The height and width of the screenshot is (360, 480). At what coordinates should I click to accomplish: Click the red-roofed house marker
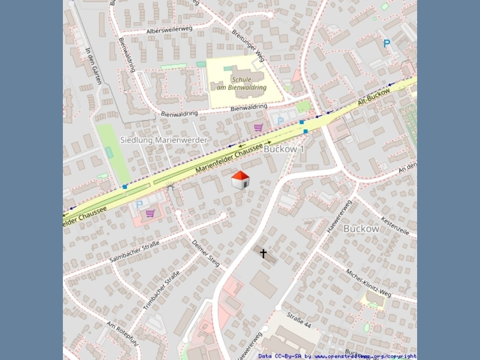240,180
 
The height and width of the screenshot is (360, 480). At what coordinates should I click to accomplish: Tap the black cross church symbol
263,253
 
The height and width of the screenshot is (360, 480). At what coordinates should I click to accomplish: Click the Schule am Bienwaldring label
248,84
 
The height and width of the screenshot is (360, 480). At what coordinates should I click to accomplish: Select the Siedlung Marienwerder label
163,140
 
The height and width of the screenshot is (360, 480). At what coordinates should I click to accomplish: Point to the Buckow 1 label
284,149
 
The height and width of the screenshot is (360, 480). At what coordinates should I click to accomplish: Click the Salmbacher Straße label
134,252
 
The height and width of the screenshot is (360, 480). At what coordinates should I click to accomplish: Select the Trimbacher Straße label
161,290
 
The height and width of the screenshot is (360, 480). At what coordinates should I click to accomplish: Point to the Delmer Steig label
206,252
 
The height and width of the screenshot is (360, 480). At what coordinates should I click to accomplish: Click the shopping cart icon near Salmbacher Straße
150,213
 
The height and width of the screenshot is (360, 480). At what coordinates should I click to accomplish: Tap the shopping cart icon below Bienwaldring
258,127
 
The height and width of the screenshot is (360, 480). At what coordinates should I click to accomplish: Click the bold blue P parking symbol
386,43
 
